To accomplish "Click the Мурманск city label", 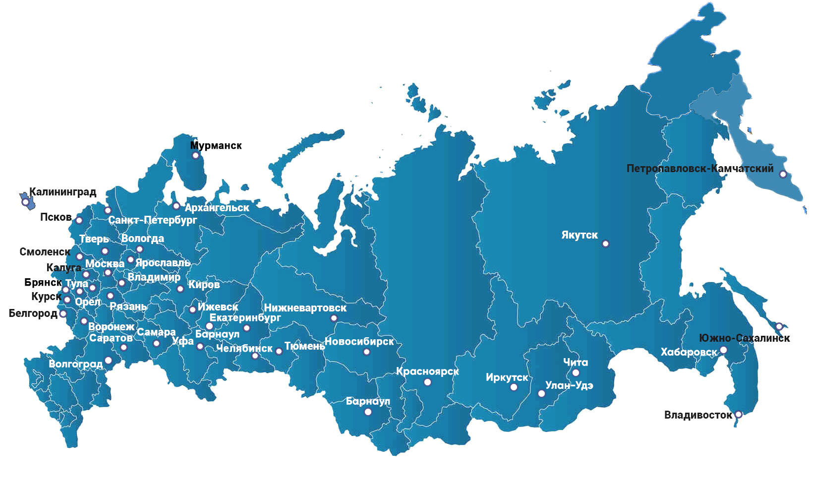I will click(x=216, y=146).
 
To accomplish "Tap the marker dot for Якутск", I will click(x=605, y=244).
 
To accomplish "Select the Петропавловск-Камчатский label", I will click(x=699, y=169).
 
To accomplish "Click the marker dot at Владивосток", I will click(x=738, y=414).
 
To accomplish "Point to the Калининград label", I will click(x=63, y=192).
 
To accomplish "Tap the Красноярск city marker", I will click(x=427, y=382).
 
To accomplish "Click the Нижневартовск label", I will click(x=305, y=308).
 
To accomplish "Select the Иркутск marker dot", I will click(x=514, y=387).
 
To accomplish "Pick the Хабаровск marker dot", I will click(x=723, y=350).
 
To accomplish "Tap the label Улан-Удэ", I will click(x=569, y=385).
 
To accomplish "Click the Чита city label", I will click(x=576, y=363).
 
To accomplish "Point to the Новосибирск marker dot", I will click(x=366, y=352).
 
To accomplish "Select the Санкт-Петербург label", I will click(x=153, y=220).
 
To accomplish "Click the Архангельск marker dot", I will click(x=176, y=206).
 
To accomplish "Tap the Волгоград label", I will click(x=75, y=364).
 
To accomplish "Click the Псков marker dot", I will click(x=79, y=221).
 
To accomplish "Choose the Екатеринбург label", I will click(x=245, y=318).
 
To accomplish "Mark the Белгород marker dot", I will click(x=63, y=314).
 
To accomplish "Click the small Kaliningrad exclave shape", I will click(x=26, y=200).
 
